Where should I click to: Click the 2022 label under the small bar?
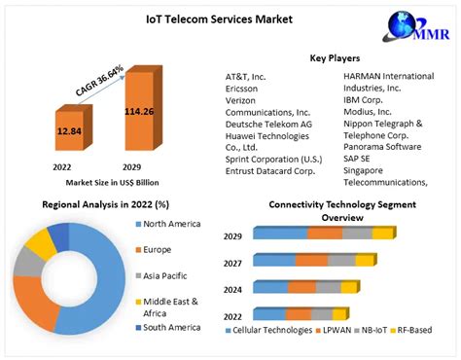pyautogui.click(x=62, y=166)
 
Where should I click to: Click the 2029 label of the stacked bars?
pyautogui.click(x=232, y=236)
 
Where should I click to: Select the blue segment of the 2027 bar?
pyautogui.click(x=274, y=260)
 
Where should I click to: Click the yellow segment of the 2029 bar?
pyautogui.click(x=383, y=234)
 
